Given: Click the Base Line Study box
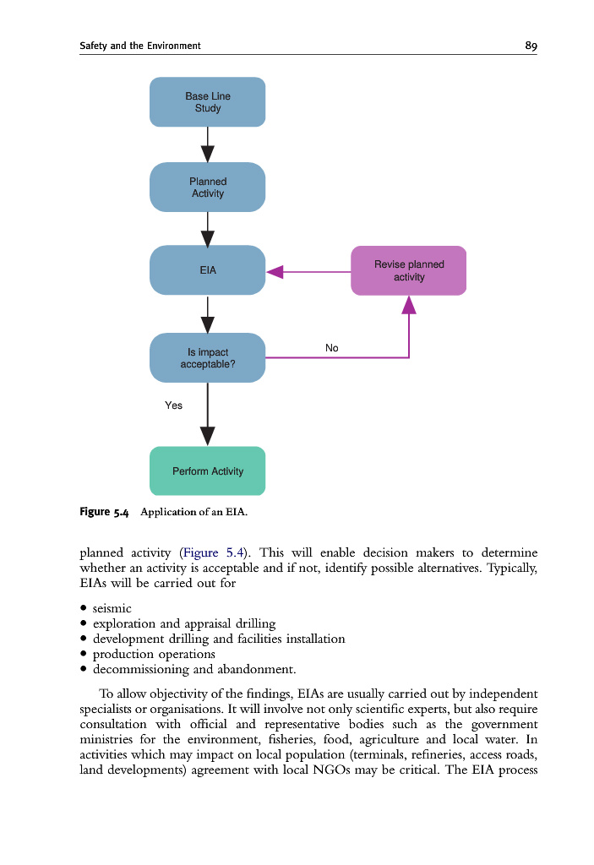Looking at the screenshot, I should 207,102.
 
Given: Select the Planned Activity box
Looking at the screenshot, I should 207,188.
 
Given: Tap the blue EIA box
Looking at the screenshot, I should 207,270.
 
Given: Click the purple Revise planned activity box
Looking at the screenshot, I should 408,270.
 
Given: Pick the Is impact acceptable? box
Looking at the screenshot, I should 207,358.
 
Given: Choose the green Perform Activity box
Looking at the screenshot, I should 207,471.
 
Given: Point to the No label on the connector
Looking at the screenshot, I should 331,348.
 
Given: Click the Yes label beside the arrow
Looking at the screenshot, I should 173,405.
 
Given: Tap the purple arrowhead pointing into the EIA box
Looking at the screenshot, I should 275,271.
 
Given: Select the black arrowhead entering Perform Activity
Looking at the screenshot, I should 207,436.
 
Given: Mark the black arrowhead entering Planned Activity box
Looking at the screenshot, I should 207,153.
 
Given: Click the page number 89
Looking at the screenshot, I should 531,46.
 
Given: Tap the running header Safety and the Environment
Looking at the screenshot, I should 139,46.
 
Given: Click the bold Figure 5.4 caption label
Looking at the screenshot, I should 104,512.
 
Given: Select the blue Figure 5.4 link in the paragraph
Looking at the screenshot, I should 213,553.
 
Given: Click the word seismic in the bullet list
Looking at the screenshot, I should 112,608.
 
